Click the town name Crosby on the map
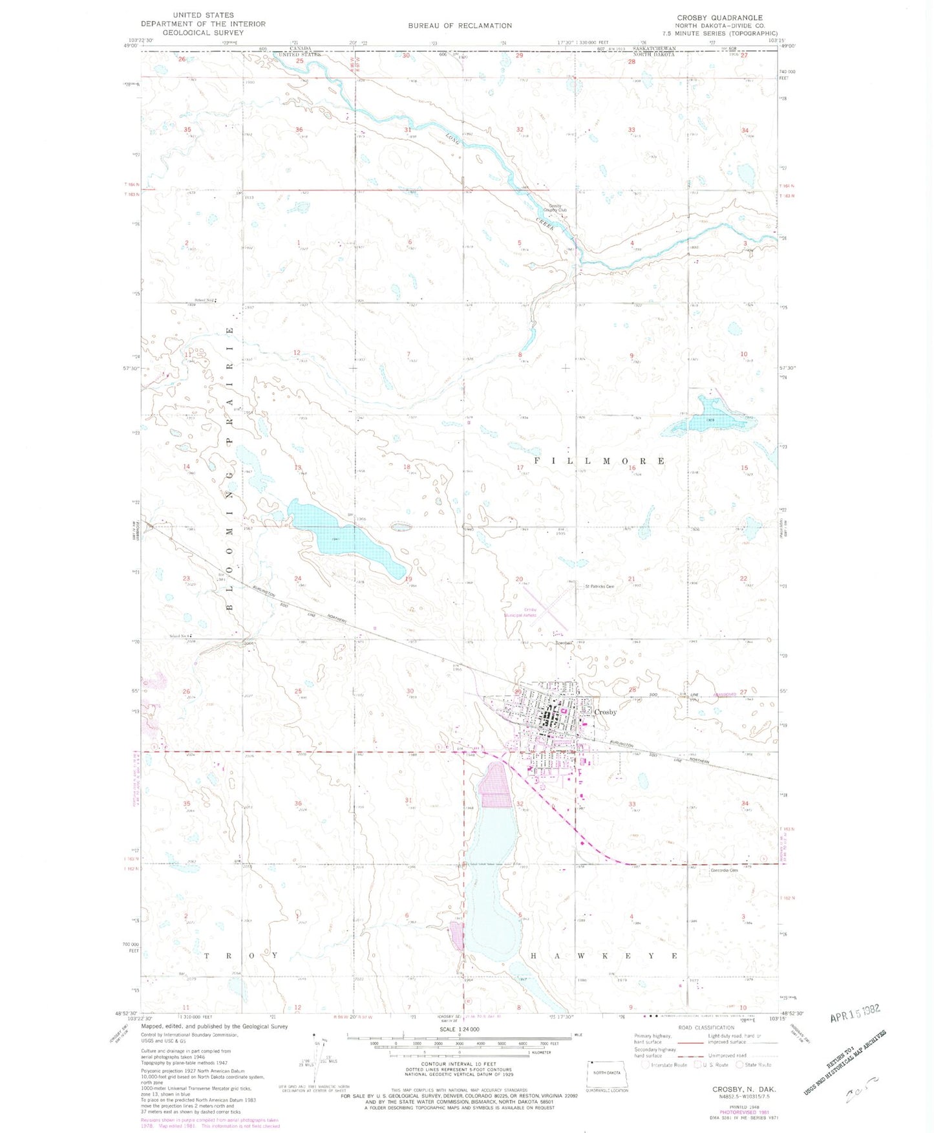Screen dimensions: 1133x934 tap(605, 712)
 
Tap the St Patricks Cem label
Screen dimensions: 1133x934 tap(599, 587)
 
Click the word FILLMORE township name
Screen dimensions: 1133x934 tap(599, 461)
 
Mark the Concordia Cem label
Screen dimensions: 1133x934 tap(724, 870)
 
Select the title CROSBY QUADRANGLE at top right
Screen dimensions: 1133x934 tap(719, 17)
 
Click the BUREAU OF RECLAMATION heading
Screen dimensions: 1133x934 tap(460, 26)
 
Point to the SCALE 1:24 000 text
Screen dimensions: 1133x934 tap(459, 1029)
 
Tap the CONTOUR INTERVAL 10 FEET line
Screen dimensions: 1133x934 tap(459, 1064)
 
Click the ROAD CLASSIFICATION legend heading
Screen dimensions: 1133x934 tap(706, 1027)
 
